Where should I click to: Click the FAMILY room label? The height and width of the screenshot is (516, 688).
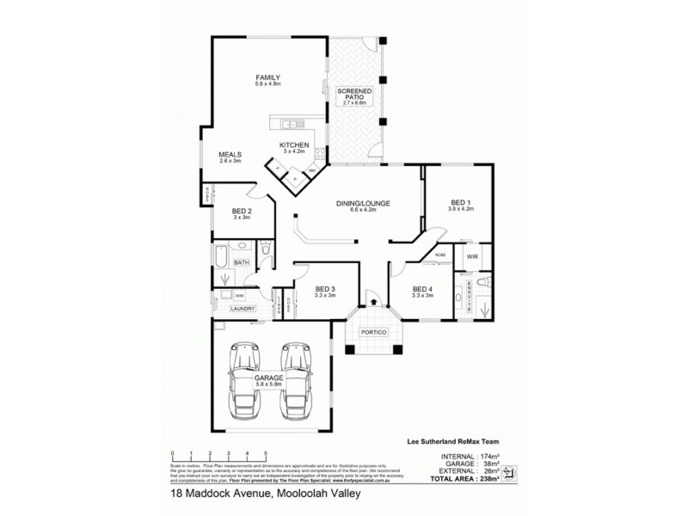point(267,78)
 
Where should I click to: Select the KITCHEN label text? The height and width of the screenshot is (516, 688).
point(293,144)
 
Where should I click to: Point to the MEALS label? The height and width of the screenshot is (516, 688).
point(230,155)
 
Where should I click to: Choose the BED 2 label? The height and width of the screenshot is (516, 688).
point(242,212)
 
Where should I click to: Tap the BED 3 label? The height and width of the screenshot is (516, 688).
point(326,289)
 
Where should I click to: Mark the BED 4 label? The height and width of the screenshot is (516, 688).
point(423,289)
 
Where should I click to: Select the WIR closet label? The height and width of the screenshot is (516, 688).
point(472,256)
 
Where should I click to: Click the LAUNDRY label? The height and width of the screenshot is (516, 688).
point(243,307)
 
